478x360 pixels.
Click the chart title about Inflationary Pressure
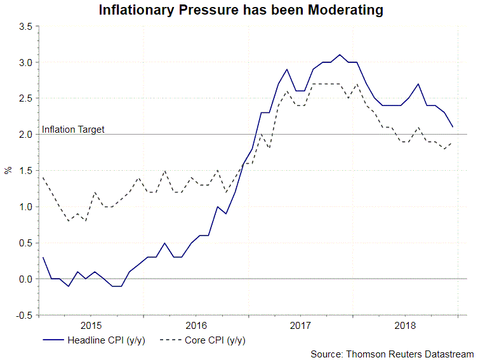tap(241, 10)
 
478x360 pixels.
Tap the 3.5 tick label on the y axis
tap(26, 27)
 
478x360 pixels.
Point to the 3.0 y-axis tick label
tap(26, 63)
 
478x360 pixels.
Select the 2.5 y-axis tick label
tap(26, 99)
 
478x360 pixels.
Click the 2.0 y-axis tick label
tap(26, 135)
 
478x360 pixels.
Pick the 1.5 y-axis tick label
tap(26, 171)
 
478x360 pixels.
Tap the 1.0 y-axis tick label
tap(26, 207)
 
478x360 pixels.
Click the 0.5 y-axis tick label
tap(26, 243)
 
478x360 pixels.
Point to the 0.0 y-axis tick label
tap(26, 279)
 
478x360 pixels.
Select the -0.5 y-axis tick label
tap(25, 315)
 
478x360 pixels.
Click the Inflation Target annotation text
tap(73, 130)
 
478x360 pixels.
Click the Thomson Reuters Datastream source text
tap(392, 354)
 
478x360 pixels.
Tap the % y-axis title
tap(8, 170)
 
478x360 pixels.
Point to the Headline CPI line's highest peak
tap(340, 55)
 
